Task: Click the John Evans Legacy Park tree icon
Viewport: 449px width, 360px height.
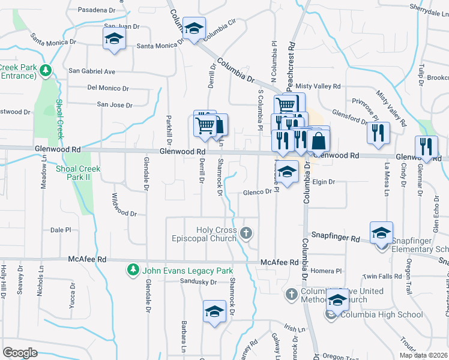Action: tap(133, 270)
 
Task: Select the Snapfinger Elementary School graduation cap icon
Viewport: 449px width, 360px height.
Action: tap(381, 233)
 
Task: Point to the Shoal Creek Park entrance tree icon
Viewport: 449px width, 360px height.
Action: tap(46, 71)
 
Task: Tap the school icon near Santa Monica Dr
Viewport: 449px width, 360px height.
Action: tap(113, 40)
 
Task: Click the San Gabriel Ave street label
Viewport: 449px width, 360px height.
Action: tap(91, 71)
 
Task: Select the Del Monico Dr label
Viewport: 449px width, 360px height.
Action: tap(108, 88)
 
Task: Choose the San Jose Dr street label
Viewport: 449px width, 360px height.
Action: tap(115, 105)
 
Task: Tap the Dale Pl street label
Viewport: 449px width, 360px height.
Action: tap(61, 230)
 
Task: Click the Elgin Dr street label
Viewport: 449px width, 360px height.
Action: tap(322, 181)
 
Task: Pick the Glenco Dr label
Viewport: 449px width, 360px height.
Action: tap(258, 193)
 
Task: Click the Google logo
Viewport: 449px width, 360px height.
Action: tap(20, 353)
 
